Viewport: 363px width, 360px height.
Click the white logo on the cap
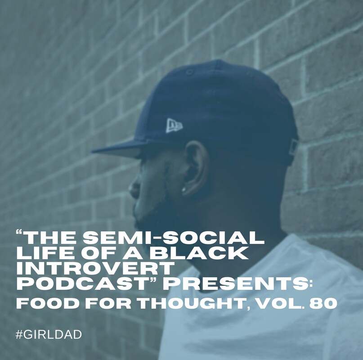point(175,126)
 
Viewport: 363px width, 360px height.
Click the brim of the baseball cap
point(118,148)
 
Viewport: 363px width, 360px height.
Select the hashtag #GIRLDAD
point(49,334)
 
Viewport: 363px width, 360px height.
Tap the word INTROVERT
point(95,268)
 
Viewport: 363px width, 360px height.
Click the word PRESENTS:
point(236,283)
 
